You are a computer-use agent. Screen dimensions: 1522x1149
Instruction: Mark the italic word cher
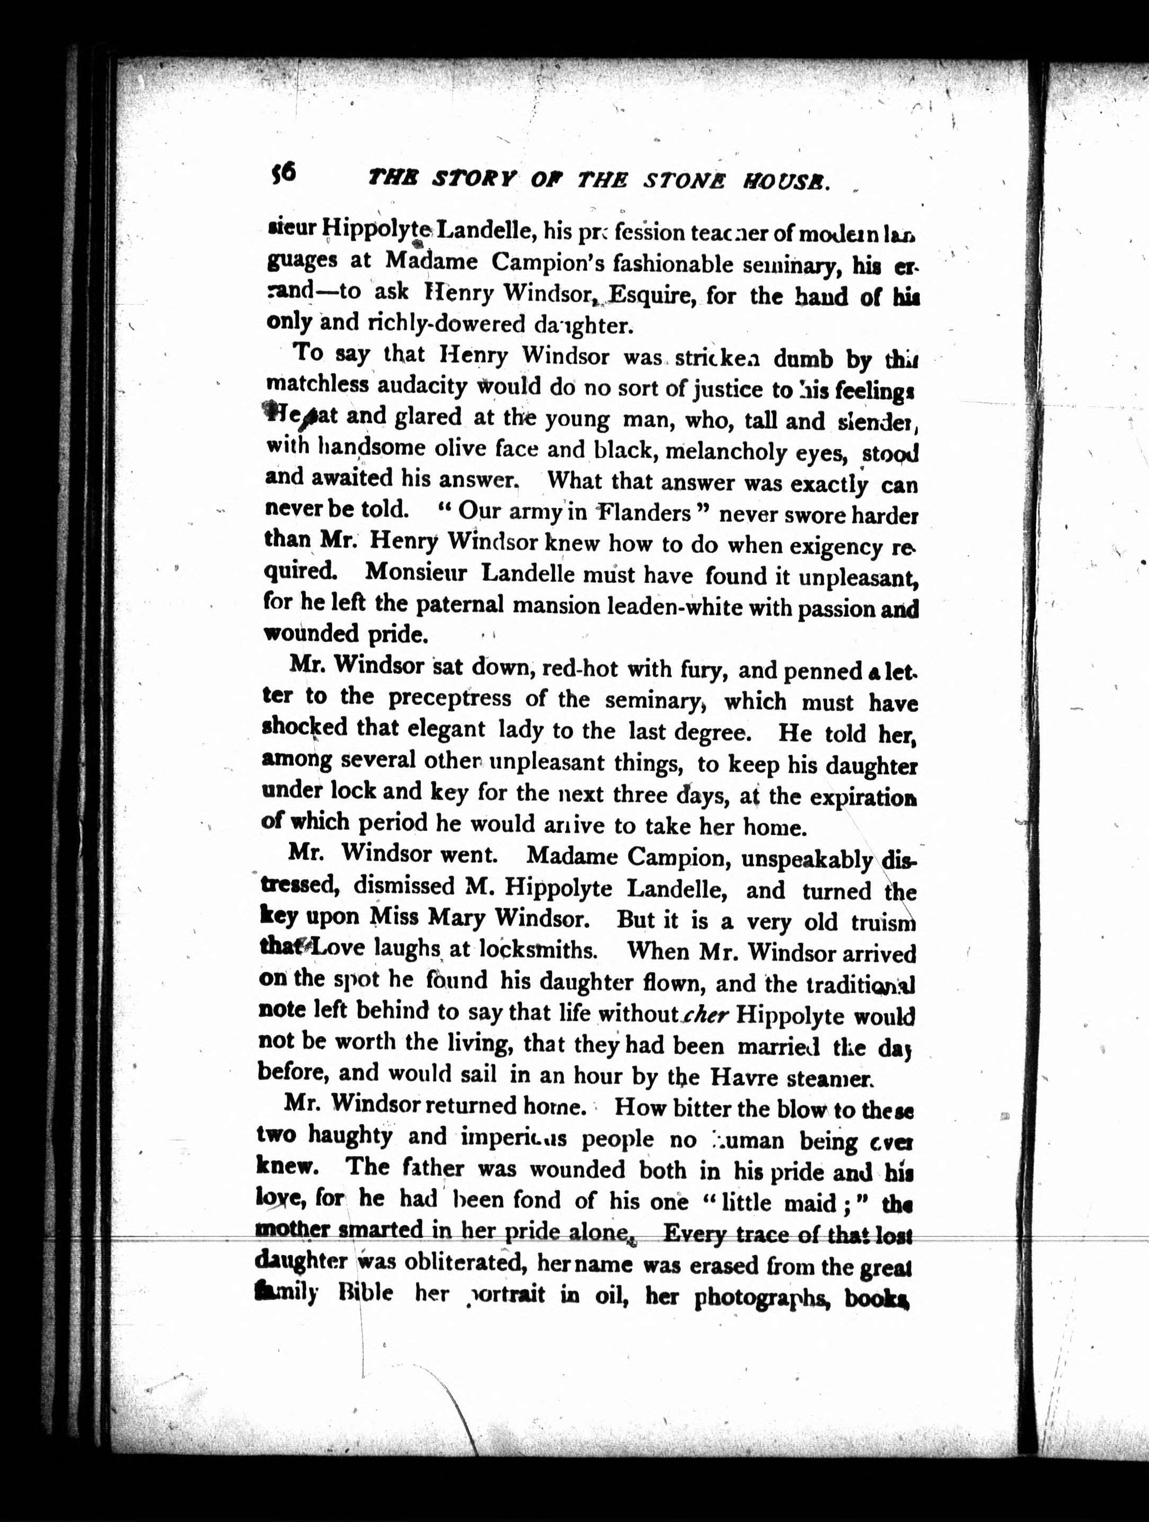point(706,1014)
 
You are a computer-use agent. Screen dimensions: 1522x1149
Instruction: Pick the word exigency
point(836,547)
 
